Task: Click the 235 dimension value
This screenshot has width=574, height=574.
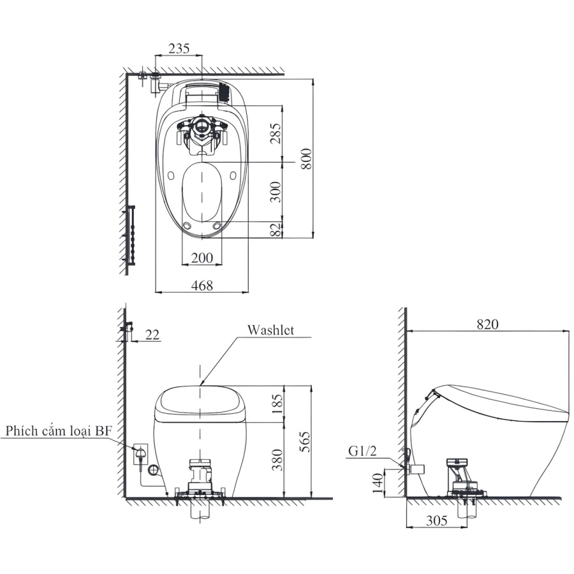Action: (179, 48)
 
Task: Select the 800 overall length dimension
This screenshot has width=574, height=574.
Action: (306, 159)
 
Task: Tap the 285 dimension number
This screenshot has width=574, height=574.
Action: (276, 133)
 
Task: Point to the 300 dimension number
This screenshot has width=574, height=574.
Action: (276, 192)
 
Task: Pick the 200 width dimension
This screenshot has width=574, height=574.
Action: (202, 258)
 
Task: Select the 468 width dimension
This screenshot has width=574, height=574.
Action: (202, 286)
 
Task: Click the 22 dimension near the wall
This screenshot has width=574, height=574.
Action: (152, 335)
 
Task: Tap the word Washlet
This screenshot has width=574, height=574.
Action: (270, 330)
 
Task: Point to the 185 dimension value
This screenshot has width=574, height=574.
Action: (277, 404)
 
